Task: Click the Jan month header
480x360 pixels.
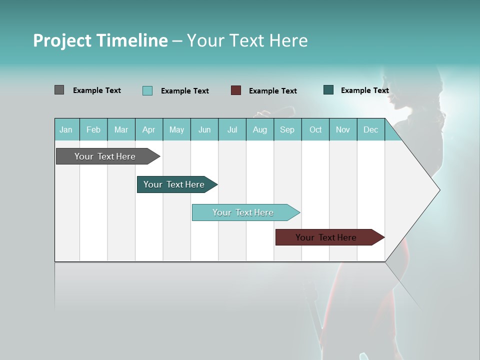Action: [66, 129]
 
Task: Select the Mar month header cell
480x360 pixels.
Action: [121, 129]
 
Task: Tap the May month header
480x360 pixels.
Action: [176, 129]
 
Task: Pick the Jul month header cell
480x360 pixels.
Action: [232, 129]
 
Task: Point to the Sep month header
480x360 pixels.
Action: [287, 129]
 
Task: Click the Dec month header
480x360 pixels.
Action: [370, 129]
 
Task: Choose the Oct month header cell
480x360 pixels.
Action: [315, 129]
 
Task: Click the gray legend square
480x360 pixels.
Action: [59, 90]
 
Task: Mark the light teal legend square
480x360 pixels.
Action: [147, 90]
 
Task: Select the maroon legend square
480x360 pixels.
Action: [236, 90]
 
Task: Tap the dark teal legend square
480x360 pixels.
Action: [328, 90]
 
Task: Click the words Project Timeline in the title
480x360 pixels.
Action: [100, 40]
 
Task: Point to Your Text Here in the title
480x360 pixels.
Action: [247, 40]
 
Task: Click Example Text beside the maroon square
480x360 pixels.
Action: [272, 91]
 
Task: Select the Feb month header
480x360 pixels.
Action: [93, 129]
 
